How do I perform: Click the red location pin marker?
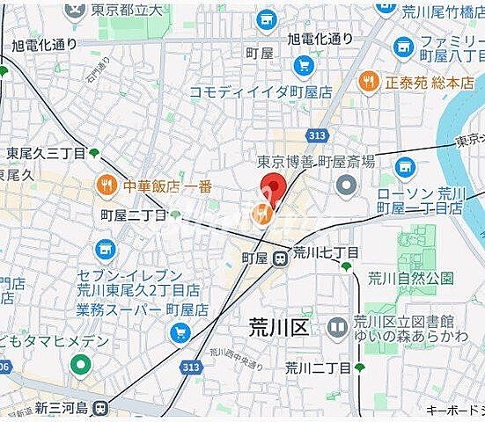272,188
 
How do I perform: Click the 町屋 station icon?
279,258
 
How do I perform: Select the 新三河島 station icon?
101,407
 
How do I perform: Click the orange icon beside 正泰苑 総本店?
369,84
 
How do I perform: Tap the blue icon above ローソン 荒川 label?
405,165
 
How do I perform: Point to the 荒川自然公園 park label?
410,279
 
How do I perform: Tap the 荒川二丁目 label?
318,367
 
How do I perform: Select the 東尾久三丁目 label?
46,153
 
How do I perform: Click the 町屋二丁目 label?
134,215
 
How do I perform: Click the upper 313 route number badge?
316,135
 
